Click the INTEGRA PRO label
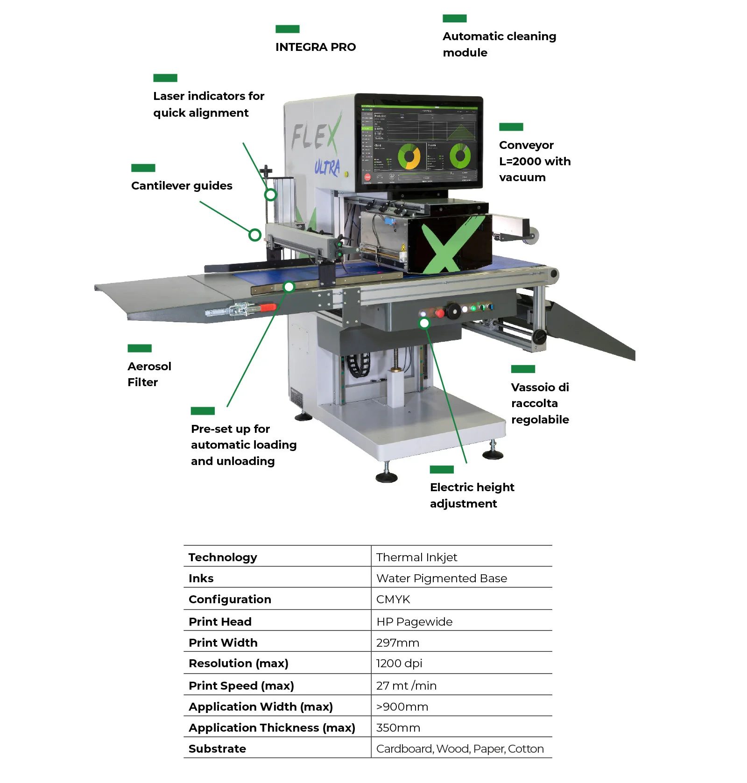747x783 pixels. click(315, 47)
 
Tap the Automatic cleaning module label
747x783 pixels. click(499, 44)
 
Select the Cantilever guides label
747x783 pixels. click(182, 186)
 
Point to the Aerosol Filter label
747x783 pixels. click(149, 374)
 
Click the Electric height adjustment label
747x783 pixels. click(472, 495)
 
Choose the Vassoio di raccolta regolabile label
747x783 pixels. click(540, 403)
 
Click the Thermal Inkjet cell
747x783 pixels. click(416, 557)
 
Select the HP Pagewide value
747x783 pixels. click(414, 621)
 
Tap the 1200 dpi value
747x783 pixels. click(399, 663)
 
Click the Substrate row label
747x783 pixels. click(217, 748)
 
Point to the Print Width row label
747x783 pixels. click(223, 642)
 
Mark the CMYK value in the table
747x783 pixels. click(393, 599)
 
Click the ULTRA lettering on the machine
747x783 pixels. click(327, 167)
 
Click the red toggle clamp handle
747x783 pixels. click(268, 307)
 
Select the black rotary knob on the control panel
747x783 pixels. click(452, 311)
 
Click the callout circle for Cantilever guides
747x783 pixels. click(254, 235)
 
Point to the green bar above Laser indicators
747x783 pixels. click(165, 78)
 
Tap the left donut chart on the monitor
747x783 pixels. click(409, 156)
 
